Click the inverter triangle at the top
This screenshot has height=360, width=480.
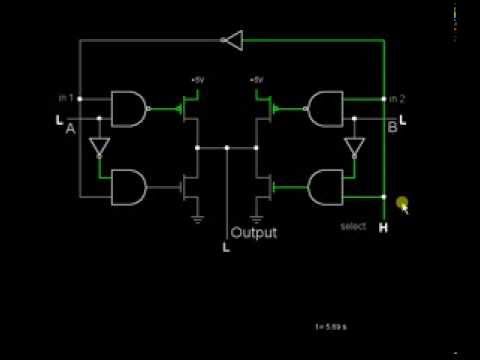click(x=232, y=40)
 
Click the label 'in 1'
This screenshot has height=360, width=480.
click(x=66, y=98)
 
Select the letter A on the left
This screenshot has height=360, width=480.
click(x=70, y=129)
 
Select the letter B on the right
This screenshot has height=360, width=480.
click(x=392, y=128)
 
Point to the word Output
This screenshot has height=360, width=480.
click(x=254, y=233)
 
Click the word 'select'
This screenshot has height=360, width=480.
click(x=353, y=226)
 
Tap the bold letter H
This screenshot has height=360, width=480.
click(x=383, y=227)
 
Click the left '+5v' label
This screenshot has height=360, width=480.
click(x=198, y=79)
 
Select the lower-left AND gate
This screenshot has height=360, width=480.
click(x=128, y=185)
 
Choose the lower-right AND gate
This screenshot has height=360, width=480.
click(x=327, y=185)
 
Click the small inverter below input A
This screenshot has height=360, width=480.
click(x=98, y=148)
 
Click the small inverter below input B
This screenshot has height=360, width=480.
click(x=353, y=148)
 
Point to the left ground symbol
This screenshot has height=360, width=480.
click(x=198, y=218)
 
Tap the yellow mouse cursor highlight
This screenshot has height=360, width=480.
click(x=401, y=204)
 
